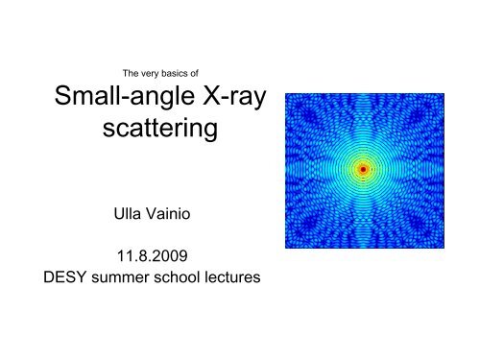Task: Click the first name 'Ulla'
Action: (128, 218)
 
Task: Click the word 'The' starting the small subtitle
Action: (118, 71)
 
